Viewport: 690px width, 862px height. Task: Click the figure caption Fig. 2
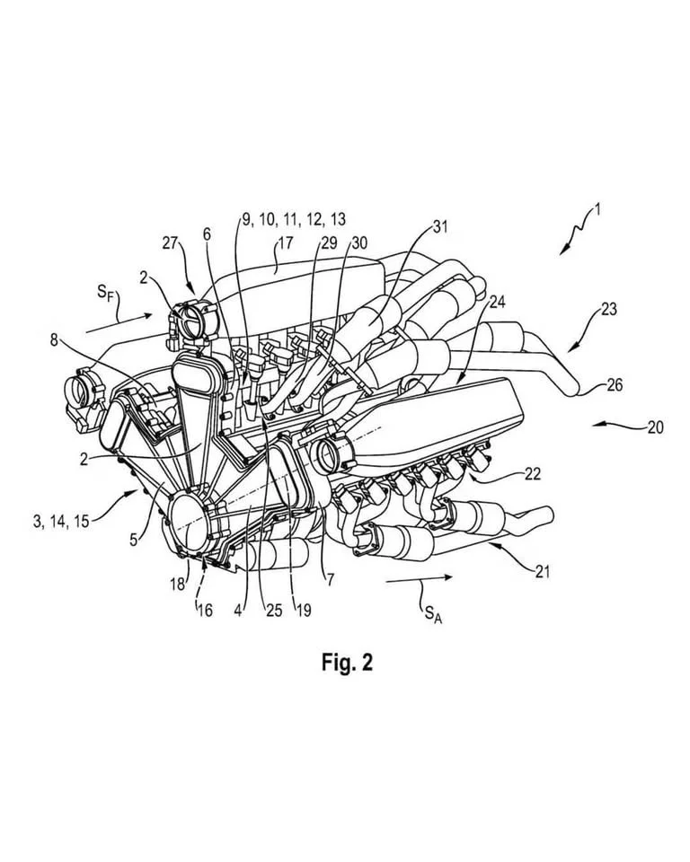(347, 662)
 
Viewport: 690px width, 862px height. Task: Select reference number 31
(440, 227)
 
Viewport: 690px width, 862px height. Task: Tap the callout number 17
(286, 243)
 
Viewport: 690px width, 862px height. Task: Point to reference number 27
(170, 243)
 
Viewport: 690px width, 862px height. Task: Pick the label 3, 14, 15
(61, 521)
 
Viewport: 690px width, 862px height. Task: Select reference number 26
(615, 385)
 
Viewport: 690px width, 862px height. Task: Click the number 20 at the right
(655, 427)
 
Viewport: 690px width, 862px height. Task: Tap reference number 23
(608, 310)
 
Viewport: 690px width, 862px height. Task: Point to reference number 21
(543, 572)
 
